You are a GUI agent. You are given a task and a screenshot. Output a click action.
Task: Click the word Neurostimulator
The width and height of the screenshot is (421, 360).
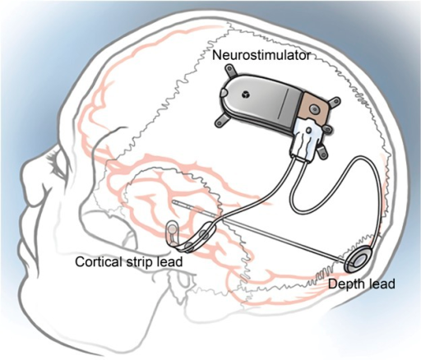tap(261, 55)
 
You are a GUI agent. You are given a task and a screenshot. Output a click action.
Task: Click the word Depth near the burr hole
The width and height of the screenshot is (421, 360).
tap(345, 284)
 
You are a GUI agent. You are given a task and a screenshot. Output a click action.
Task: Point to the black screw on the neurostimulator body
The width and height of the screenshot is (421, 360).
tap(245, 95)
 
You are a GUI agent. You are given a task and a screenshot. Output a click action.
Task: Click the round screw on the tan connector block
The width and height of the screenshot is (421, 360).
tap(314, 109)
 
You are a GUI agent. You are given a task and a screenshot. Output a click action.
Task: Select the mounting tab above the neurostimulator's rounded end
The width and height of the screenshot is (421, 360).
tap(230, 71)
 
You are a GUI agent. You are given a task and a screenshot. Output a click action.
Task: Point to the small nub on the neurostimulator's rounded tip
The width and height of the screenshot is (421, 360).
tap(224, 94)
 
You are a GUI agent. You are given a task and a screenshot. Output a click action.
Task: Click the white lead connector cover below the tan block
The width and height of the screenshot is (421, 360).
tap(307, 139)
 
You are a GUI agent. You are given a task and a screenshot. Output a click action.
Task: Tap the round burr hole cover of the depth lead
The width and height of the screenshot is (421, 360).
tap(359, 259)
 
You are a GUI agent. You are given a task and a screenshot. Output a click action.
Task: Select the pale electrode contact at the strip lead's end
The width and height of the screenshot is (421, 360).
tap(172, 228)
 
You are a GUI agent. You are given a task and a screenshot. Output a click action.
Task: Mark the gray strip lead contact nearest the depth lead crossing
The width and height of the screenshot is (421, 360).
tap(204, 233)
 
